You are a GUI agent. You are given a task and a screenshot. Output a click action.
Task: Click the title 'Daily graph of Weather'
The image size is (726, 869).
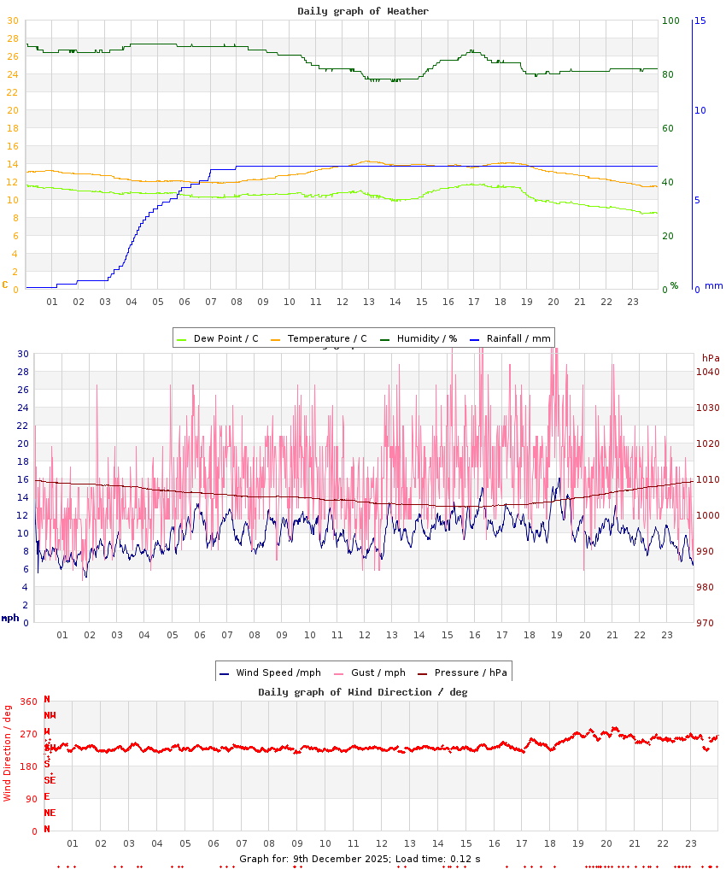coord(363,11)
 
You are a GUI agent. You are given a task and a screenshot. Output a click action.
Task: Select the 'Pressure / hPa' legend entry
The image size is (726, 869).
coord(470,672)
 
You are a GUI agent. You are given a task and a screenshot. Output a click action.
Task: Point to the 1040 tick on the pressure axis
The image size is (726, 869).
coord(708,372)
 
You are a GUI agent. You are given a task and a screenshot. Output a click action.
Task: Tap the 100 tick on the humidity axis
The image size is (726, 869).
coord(670,21)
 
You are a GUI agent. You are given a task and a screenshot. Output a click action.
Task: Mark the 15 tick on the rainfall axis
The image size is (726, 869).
coord(700,21)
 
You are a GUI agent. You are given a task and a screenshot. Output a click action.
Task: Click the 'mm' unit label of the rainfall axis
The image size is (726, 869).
coord(713,285)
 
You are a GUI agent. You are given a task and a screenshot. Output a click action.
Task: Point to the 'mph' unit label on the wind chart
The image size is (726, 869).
coord(9,618)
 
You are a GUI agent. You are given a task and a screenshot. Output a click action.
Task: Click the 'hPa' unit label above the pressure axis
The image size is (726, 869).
coord(711,357)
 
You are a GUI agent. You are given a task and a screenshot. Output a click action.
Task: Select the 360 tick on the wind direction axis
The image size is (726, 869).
coord(28,702)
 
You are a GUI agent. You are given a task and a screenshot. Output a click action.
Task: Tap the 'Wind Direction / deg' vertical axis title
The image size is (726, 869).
coord(8,753)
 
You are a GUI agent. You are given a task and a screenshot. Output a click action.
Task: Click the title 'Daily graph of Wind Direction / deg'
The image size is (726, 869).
coord(363,692)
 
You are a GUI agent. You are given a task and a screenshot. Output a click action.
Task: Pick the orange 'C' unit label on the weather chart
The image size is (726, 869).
coord(5,285)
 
